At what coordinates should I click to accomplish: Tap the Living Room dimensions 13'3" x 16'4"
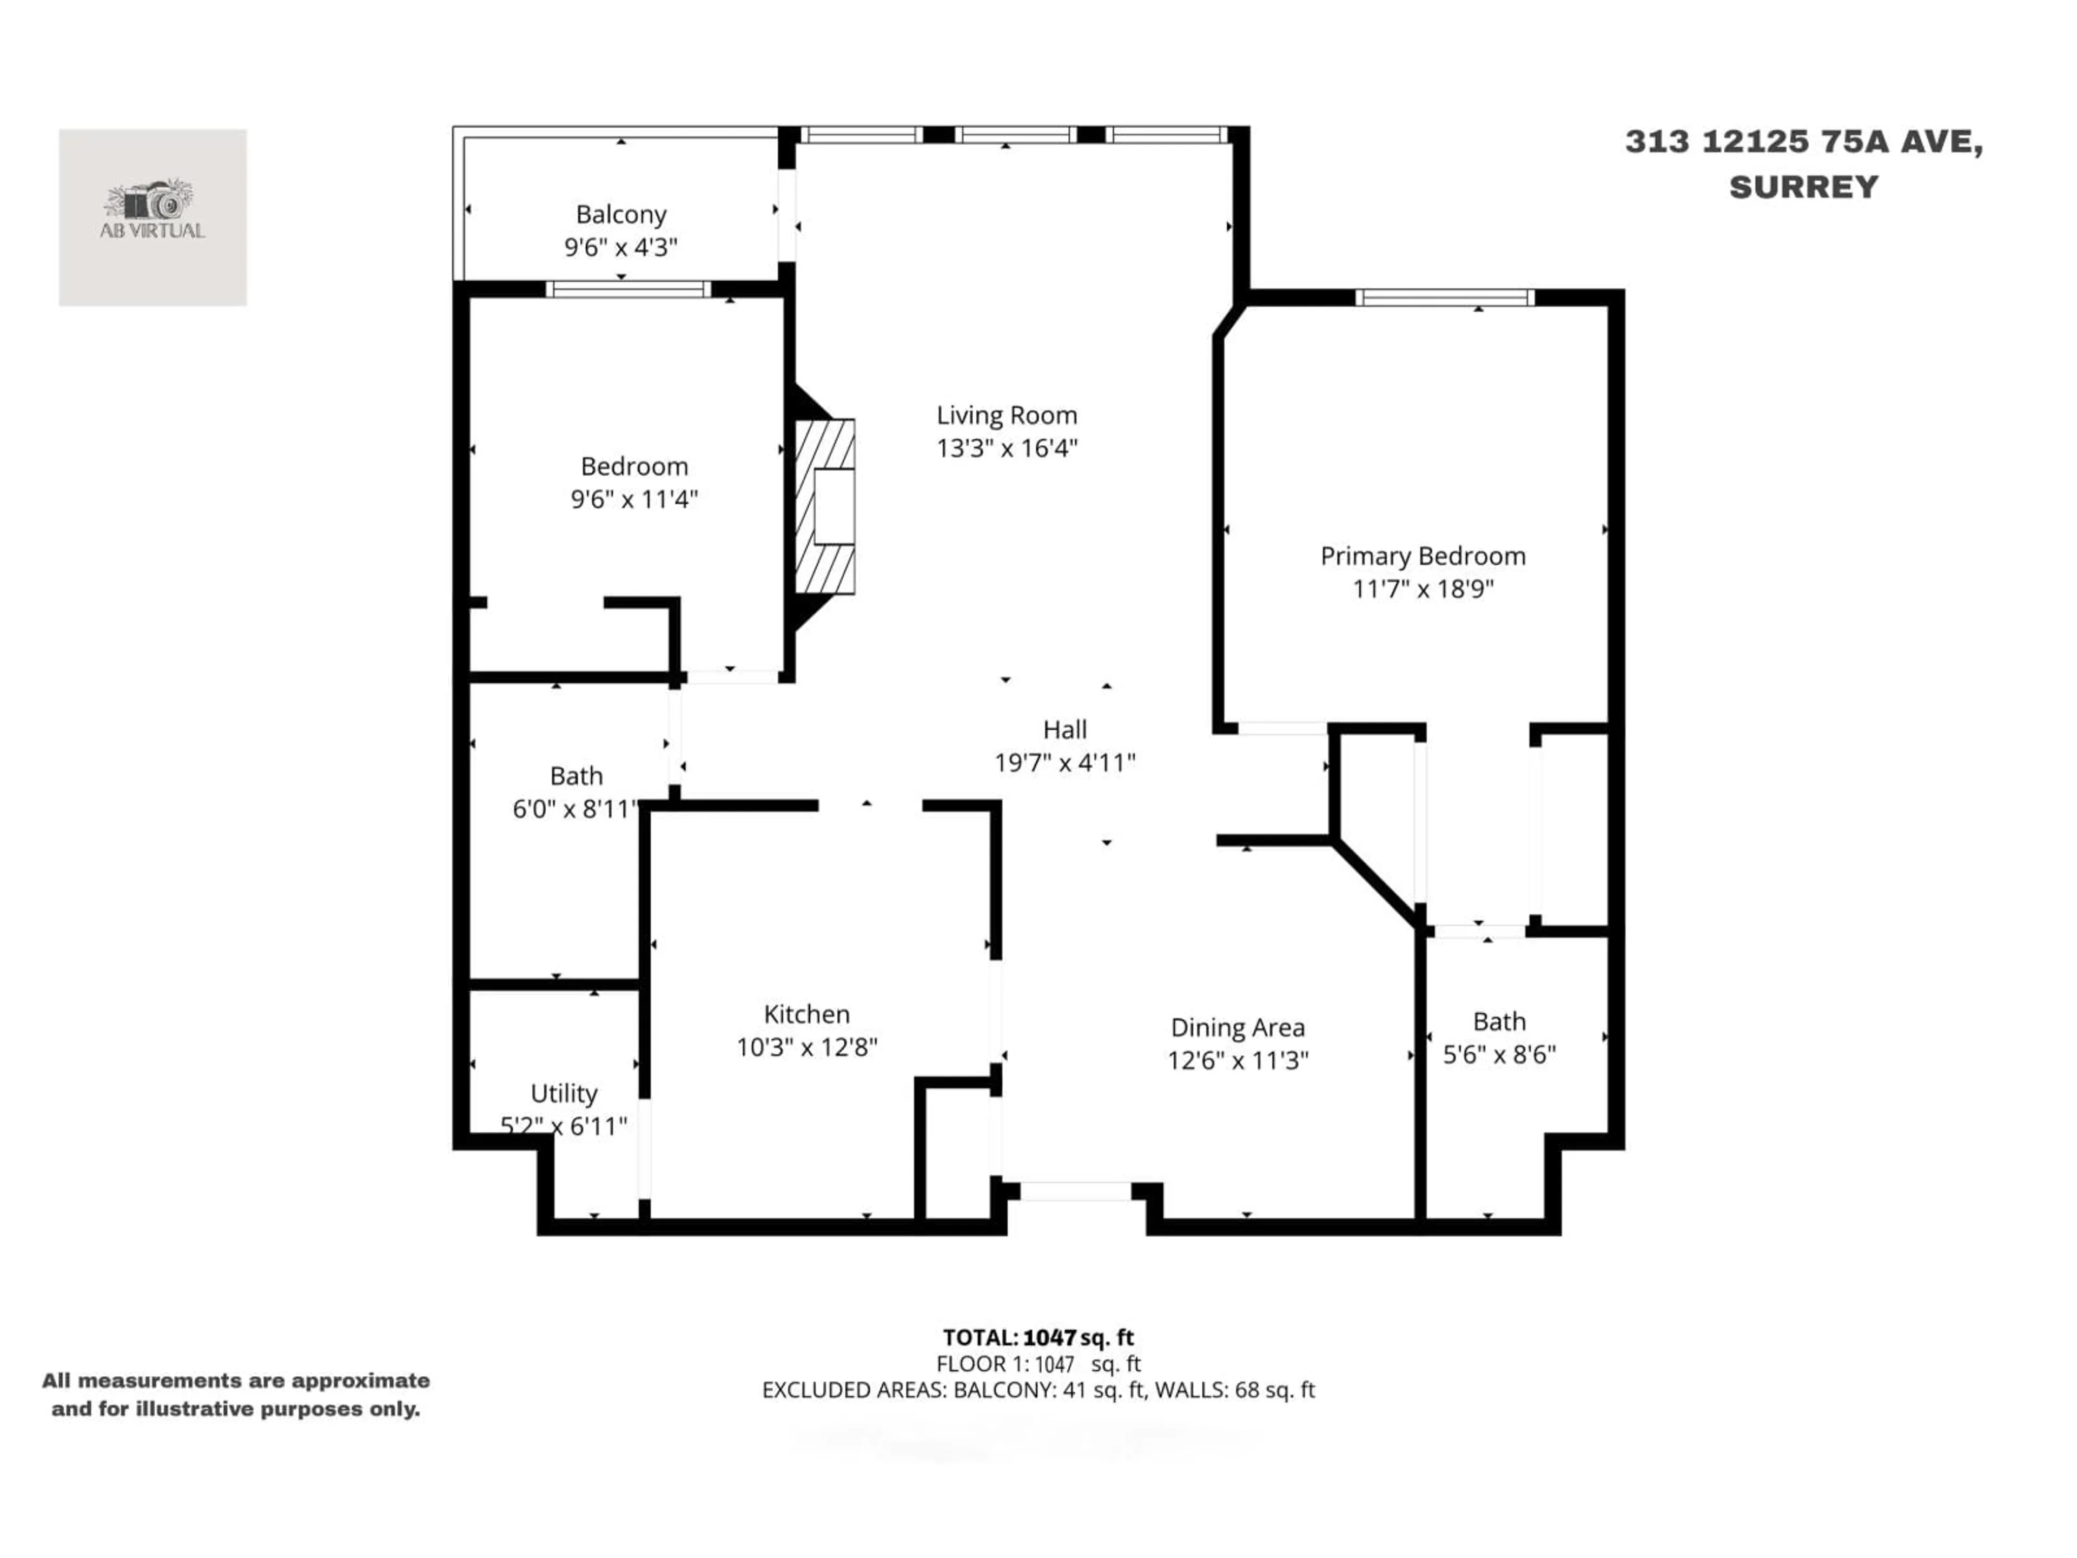pyautogui.click(x=1007, y=448)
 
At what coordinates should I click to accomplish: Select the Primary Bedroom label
pyautogui.click(x=1423, y=556)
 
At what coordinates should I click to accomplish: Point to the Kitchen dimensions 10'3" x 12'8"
pyautogui.click(x=806, y=1046)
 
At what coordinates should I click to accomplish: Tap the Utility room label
pyautogui.click(x=564, y=1093)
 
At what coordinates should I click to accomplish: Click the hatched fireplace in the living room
pyautogui.click(x=825, y=506)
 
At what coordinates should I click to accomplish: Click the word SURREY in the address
pyautogui.click(x=1804, y=187)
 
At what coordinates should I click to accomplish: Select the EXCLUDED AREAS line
pyautogui.click(x=1038, y=1390)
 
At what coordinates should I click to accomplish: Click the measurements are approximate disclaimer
pyautogui.click(x=236, y=1395)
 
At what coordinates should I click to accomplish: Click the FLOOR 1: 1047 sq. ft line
pyautogui.click(x=1038, y=1364)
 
